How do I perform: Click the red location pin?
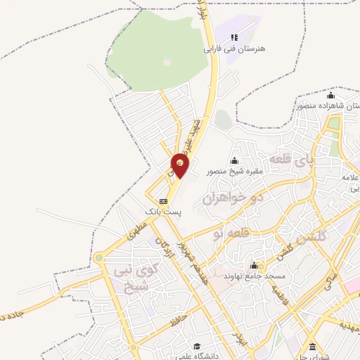tap(180, 166)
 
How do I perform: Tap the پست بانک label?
tap(162, 211)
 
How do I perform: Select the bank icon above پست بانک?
tap(163, 200)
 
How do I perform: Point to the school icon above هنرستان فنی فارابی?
tap(234, 37)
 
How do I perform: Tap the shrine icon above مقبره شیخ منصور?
tap(234, 160)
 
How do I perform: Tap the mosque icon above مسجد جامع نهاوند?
tap(254, 265)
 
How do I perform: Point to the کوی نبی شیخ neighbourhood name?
tap(131, 276)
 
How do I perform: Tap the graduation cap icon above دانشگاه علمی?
tap(198, 347)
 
